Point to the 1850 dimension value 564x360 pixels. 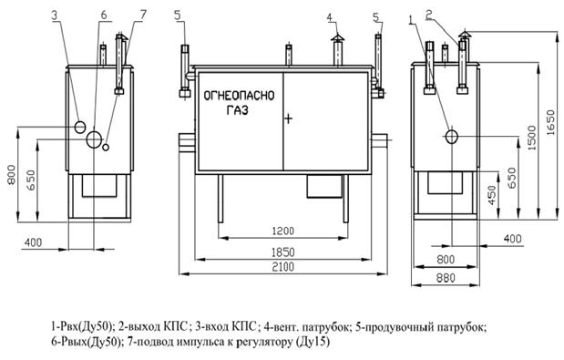(282, 252)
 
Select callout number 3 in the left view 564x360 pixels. (55, 15)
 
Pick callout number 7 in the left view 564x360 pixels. (143, 15)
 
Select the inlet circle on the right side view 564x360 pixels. (450, 137)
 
